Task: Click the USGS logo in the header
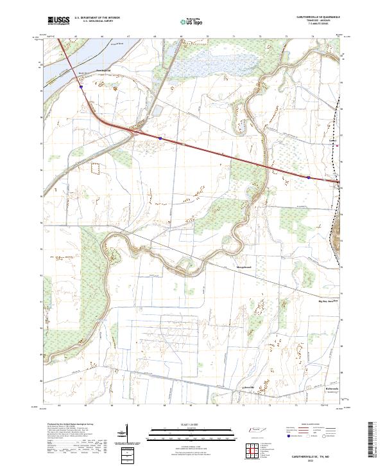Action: (x=58, y=21)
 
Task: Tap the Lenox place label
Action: (x=332, y=139)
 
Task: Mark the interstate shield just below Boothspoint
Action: (x=81, y=89)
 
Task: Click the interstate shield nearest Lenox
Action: (x=309, y=177)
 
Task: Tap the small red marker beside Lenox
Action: (x=338, y=145)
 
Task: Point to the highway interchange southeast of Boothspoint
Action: (x=135, y=130)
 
